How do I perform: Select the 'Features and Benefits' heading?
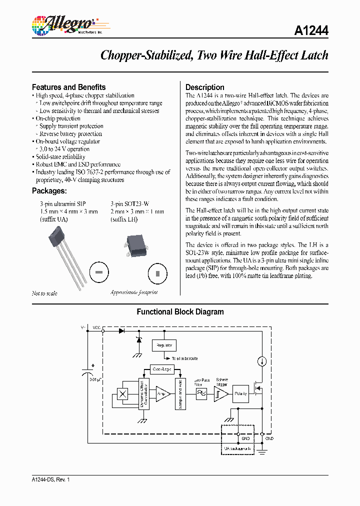[x=68, y=87]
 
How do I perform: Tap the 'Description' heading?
[x=205, y=87]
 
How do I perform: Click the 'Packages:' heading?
[x=49, y=190]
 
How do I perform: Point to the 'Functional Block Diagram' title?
[x=180, y=311]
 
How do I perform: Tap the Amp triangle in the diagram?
[x=162, y=393]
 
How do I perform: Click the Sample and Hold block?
[x=180, y=393]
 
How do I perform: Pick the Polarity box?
[x=241, y=393]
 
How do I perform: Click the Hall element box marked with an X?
[x=122, y=393]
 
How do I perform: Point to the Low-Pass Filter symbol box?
[x=201, y=394]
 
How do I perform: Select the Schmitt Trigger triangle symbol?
[x=221, y=394]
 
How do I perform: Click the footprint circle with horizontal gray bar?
[x=98, y=272]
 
